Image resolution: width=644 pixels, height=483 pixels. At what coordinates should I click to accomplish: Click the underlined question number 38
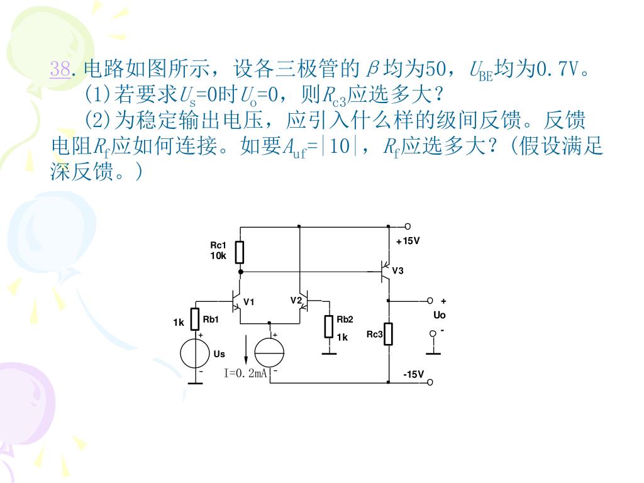pos(60,69)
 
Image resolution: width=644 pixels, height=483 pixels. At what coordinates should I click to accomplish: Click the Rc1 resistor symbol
pos(240,252)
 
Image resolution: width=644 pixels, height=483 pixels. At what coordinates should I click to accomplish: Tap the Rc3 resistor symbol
pos(389,334)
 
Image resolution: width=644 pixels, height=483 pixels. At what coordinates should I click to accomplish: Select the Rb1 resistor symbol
pos(195,319)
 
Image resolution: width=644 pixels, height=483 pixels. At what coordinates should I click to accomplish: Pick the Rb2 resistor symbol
pos(328,326)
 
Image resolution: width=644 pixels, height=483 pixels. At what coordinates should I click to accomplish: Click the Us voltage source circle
pos(195,353)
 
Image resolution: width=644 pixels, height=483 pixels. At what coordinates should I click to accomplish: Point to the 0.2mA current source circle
pos(269,353)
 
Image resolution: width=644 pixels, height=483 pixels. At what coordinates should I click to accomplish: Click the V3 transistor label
pos(397,270)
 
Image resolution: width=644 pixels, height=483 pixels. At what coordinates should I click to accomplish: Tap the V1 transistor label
pos(249,302)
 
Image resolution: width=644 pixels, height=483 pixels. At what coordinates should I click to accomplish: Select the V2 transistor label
pos(296,300)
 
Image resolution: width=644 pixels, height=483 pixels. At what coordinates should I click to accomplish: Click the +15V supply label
pos(408,241)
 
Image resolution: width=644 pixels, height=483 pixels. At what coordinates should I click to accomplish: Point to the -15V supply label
pos(414,375)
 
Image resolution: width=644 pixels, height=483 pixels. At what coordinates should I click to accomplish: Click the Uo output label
pos(439,314)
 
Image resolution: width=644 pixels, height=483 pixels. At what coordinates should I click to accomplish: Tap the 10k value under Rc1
pos(218,255)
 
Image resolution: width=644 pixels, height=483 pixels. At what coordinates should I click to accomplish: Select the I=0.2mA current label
pos(246,374)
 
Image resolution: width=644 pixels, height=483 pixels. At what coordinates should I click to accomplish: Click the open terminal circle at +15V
pos(408,226)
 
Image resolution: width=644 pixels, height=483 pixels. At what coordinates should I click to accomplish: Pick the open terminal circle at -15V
pos(430,382)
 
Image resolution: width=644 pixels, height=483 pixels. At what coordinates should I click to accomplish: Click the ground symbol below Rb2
pos(328,353)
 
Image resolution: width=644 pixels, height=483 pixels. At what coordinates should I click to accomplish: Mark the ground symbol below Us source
pos(195,382)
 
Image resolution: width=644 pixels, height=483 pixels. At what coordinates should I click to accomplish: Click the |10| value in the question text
pos(339,147)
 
